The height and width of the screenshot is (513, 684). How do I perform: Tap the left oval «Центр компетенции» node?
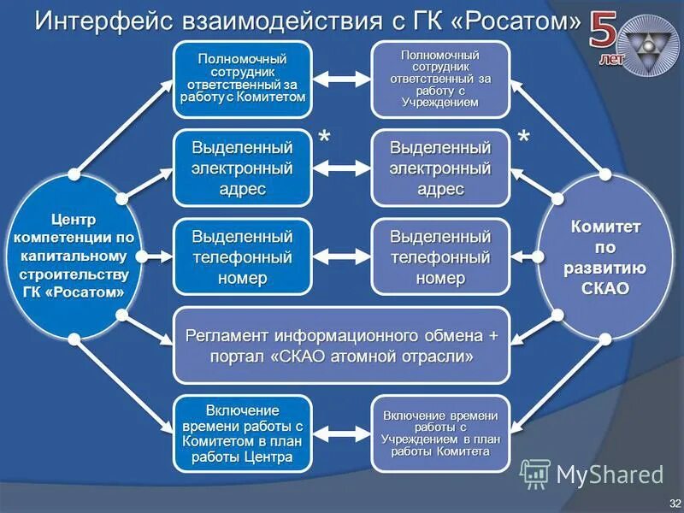[x=74, y=256]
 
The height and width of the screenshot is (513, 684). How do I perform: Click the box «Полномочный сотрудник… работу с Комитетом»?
[x=243, y=79]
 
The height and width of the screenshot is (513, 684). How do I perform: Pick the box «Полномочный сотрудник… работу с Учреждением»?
[x=439, y=79]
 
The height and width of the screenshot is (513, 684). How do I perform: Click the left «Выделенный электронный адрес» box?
[x=243, y=168]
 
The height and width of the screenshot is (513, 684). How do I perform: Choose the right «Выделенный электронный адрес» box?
[x=439, y=168]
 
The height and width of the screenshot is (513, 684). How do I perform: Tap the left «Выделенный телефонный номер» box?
[x=243, y=256]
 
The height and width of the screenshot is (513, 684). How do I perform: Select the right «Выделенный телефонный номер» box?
[x=439, y=256]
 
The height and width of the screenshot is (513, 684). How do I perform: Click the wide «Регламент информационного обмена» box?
[x=341, y=344]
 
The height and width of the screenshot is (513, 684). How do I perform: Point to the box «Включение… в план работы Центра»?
[x=243, y=433]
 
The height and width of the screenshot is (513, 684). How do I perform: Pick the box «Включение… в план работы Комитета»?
[x=439, y=433]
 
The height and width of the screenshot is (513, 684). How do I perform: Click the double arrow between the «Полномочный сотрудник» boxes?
[x=341, y=80]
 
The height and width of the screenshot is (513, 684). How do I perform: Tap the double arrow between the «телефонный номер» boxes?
[x=341, y=256]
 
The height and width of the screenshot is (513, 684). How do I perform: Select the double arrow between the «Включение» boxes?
[x=341, y=433]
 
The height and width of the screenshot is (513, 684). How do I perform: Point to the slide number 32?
[x=675, y=501]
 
